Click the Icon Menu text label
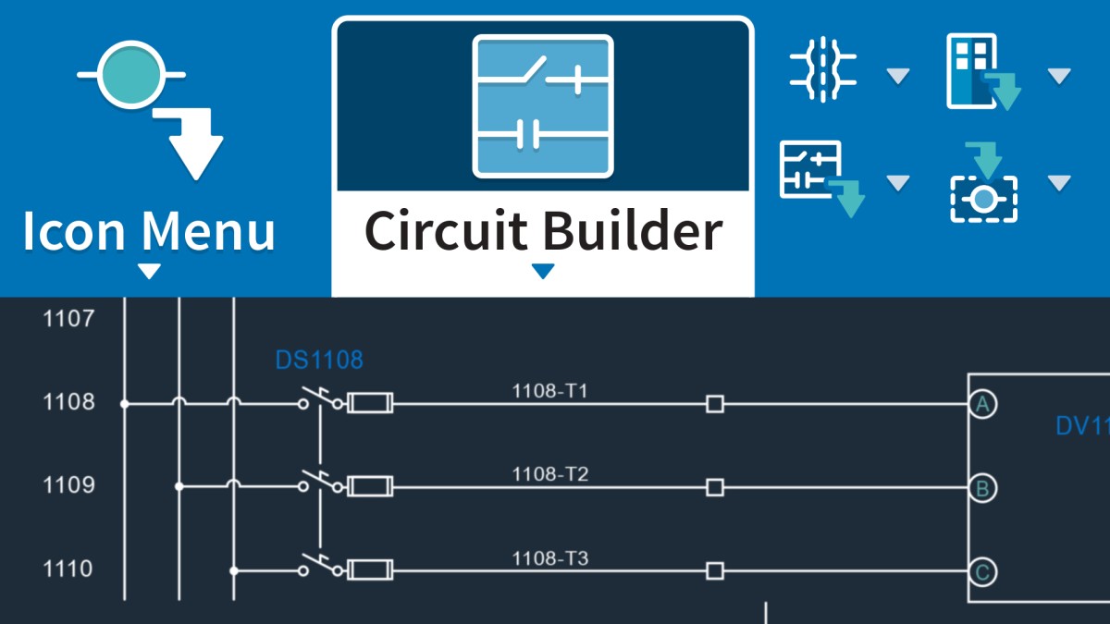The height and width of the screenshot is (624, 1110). [149, 231]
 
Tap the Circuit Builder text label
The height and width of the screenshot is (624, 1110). [544, 231]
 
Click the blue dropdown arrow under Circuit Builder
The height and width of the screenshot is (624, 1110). [543, 271]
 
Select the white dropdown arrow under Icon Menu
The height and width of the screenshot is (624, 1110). [149, 271]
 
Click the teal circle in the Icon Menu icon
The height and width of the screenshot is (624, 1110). [130, 75]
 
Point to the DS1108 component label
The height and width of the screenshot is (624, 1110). [319, 360]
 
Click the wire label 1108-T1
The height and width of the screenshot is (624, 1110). [549, 391]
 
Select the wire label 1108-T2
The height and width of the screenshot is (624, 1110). [550, 474]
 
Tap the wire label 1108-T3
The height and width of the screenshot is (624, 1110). [550, 558]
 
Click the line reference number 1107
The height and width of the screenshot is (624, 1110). [68, 318]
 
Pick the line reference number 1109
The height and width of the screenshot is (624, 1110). [68, 484]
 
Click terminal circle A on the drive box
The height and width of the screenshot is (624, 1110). [982, 405]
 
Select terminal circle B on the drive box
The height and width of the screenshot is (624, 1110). [982, 488]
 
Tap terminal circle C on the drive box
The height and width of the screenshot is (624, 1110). [982, 572]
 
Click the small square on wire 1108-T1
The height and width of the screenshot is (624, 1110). [714, 404]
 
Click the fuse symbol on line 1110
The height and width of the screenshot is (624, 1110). [370, 570]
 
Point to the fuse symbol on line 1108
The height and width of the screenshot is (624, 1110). [370, 403]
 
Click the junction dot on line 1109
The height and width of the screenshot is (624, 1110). [179, 487]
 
